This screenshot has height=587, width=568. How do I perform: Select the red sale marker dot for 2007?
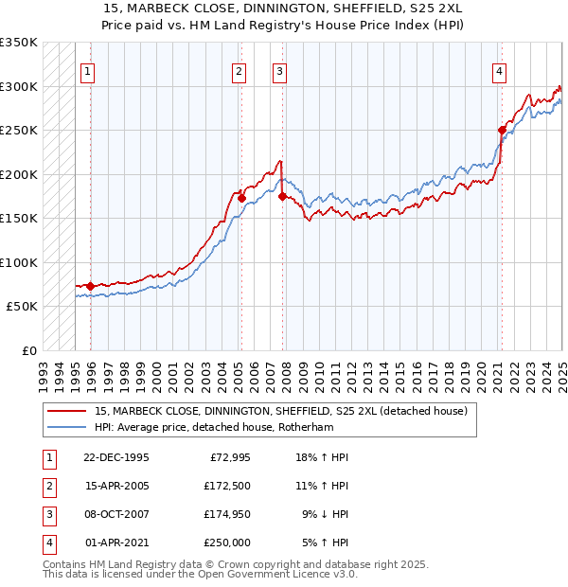[283, 196]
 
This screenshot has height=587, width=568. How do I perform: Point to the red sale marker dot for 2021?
[502, 130]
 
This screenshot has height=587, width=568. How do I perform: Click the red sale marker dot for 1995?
[90, 286]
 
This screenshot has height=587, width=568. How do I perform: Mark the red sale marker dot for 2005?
[241, 198]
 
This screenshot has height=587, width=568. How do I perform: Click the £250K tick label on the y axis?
[19, 130]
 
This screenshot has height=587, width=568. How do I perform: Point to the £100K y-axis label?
[19, 262]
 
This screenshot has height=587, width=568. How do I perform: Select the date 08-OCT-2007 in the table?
[118, 515]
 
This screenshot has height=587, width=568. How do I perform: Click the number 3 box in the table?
[48, 515]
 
